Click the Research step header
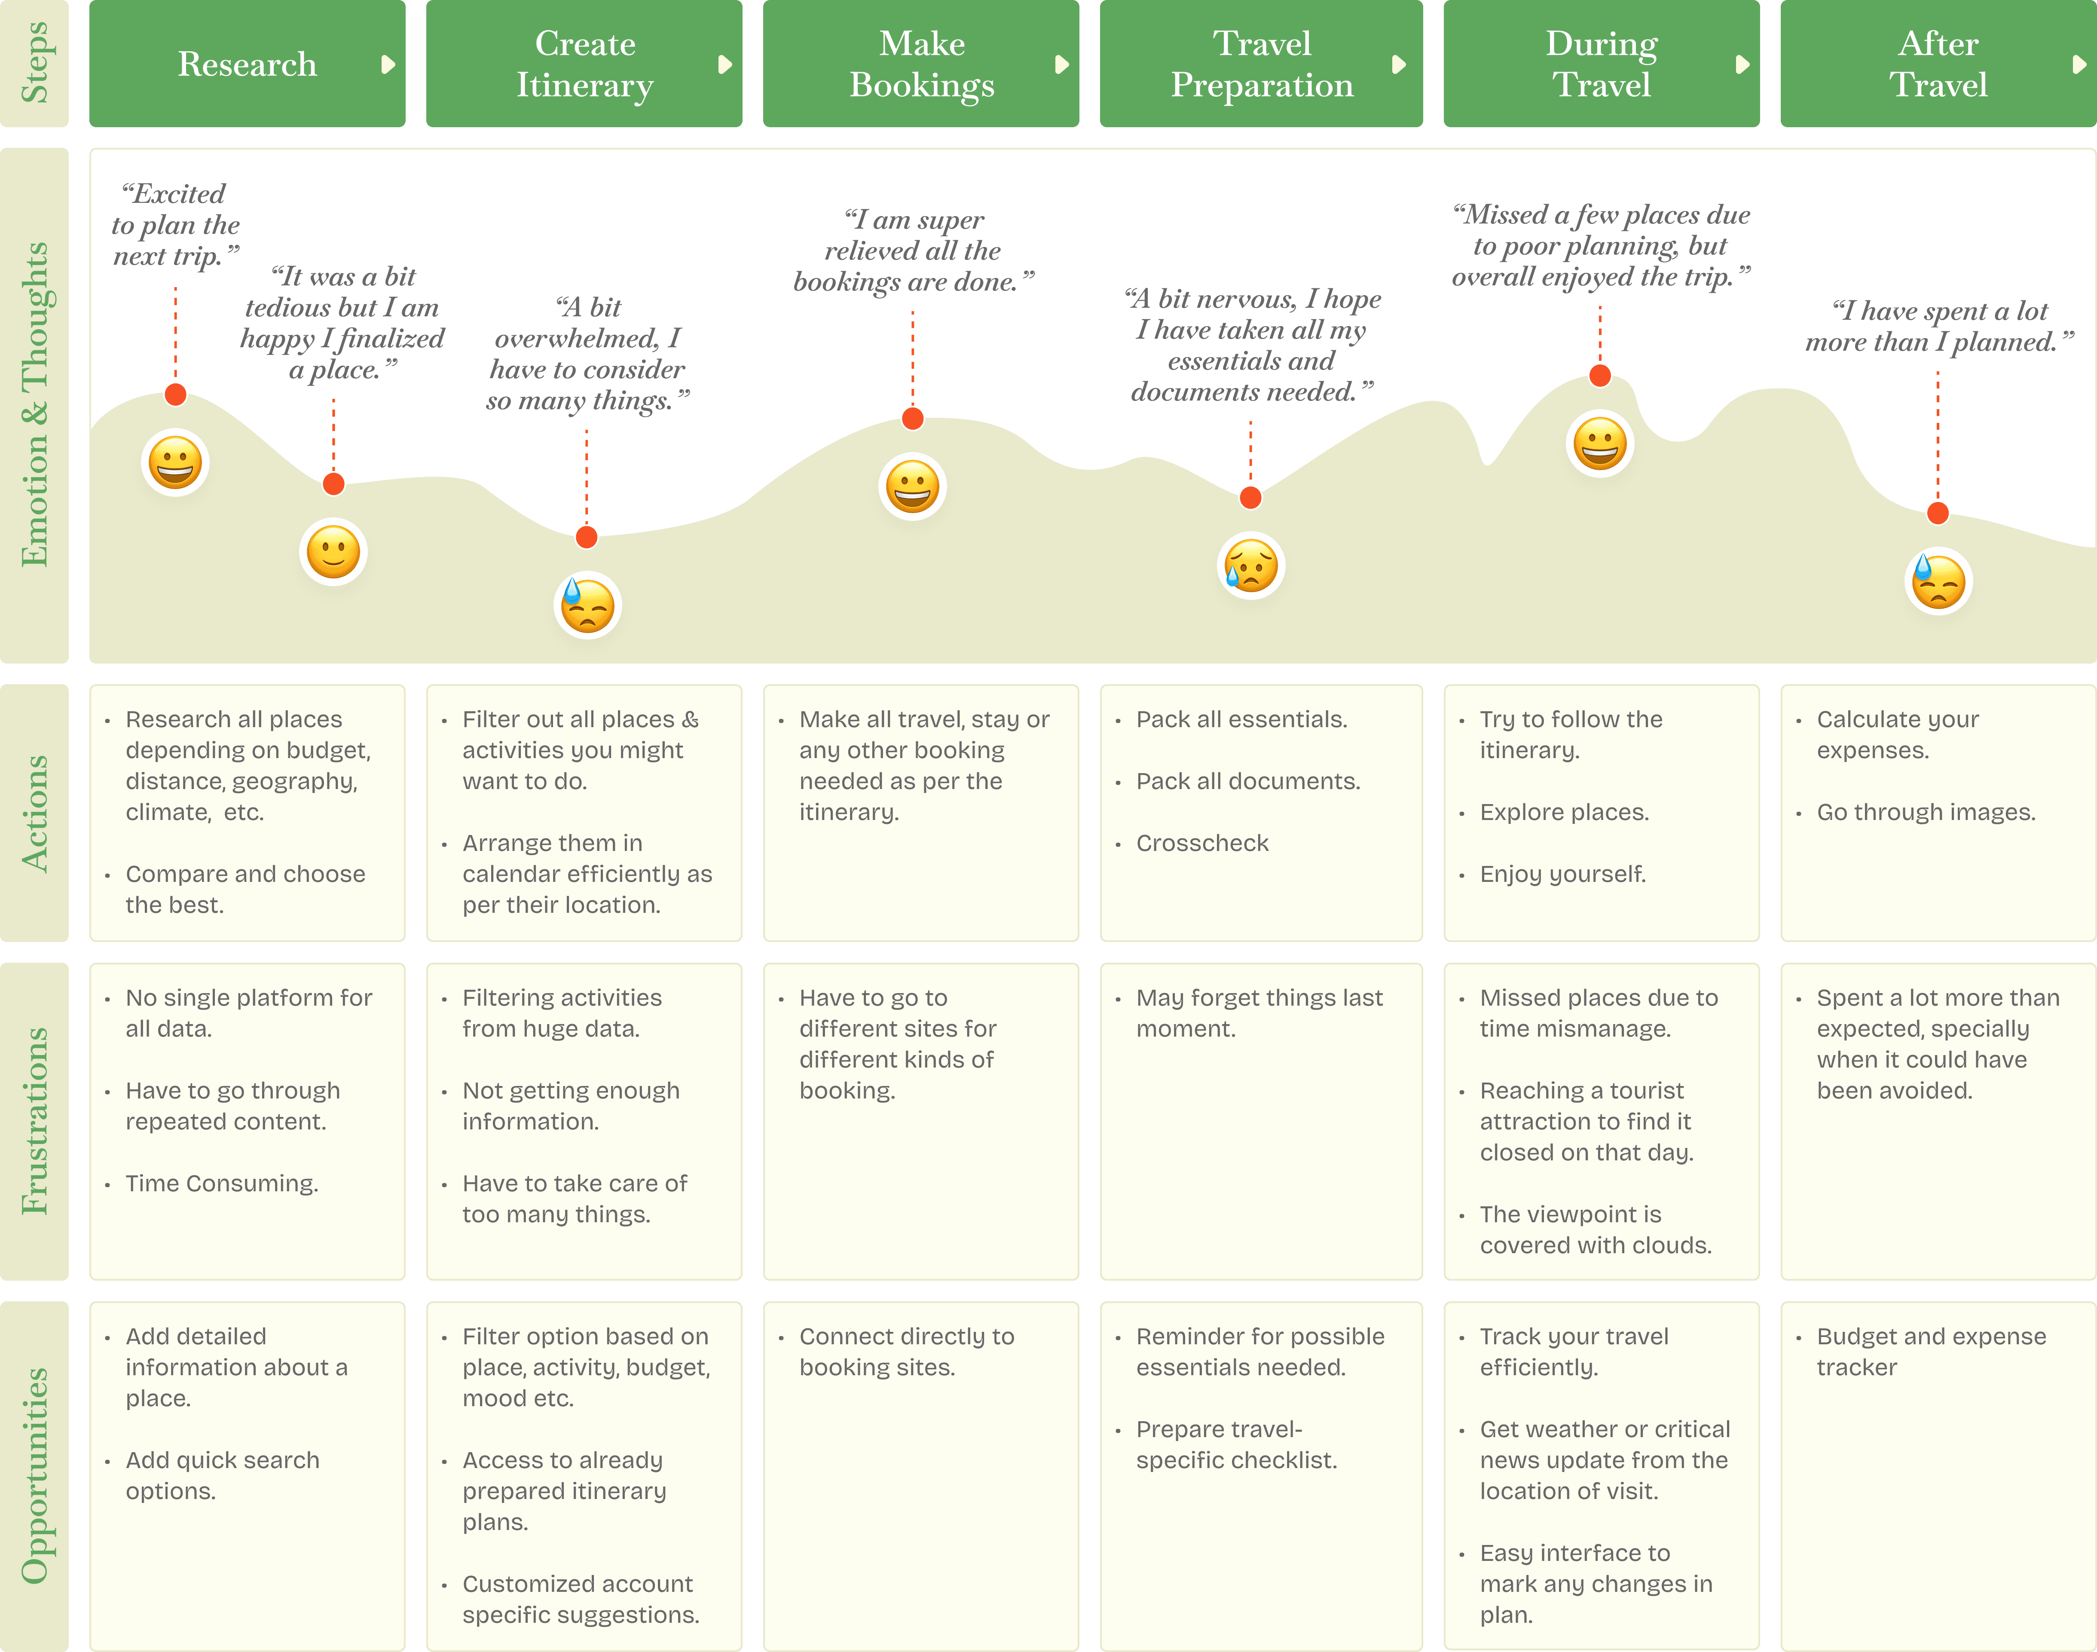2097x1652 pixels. point(248,64)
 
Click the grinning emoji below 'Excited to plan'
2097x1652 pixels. point(175,462)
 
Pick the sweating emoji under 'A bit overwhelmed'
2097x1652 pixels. point(587,606)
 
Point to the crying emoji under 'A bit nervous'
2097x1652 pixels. point(1250,566)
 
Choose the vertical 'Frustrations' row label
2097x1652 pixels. point(35,1120)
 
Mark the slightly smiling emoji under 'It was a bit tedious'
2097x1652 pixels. point(333,552)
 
